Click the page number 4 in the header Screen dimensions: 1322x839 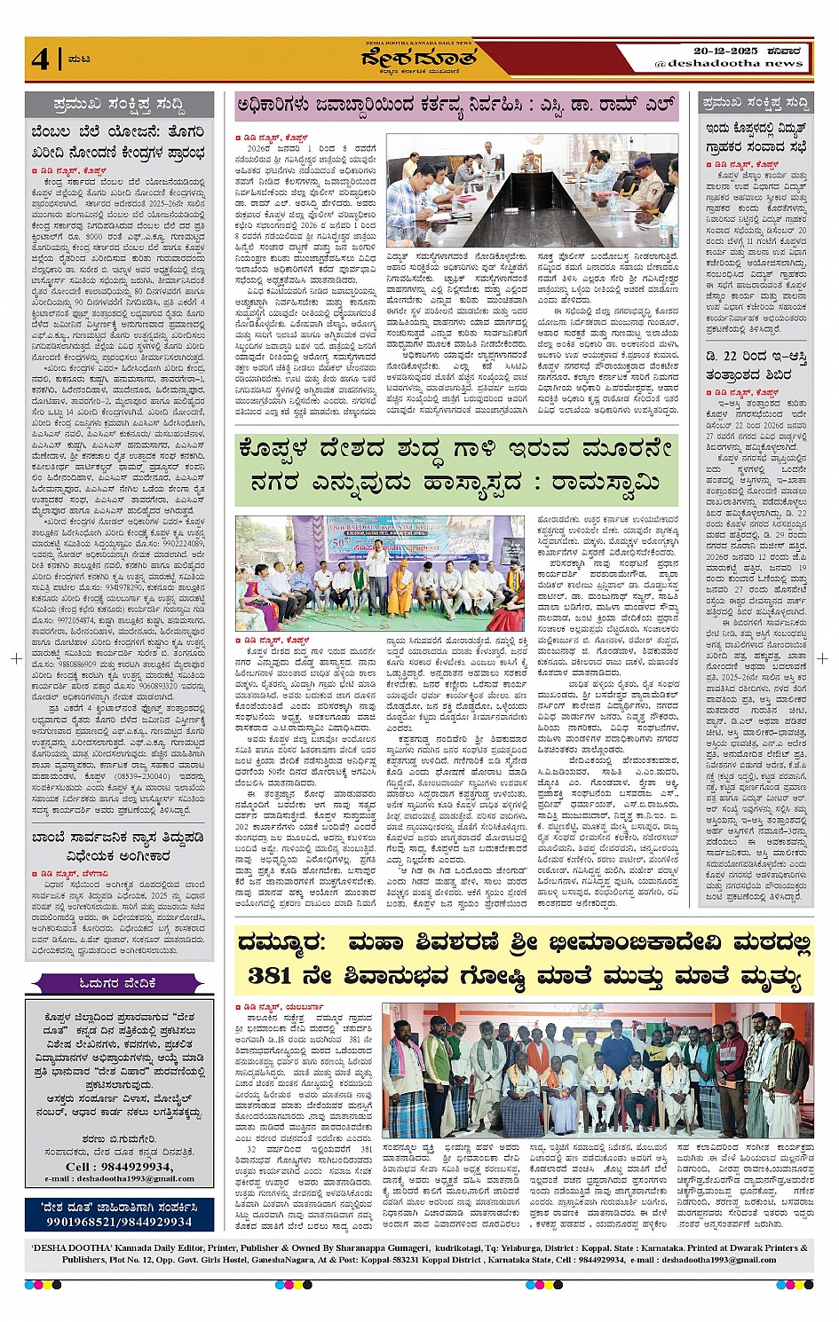tap(40, 59)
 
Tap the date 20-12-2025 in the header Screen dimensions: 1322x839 tap(725, 51)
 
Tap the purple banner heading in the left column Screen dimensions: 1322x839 tap(118, 983)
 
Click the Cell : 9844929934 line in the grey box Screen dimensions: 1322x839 tap(119, 1166)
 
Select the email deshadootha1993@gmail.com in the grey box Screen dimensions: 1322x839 tap(119, 1178)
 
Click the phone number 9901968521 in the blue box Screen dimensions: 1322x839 tap(86, 1222)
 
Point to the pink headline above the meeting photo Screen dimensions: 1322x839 tap(455, 106)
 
